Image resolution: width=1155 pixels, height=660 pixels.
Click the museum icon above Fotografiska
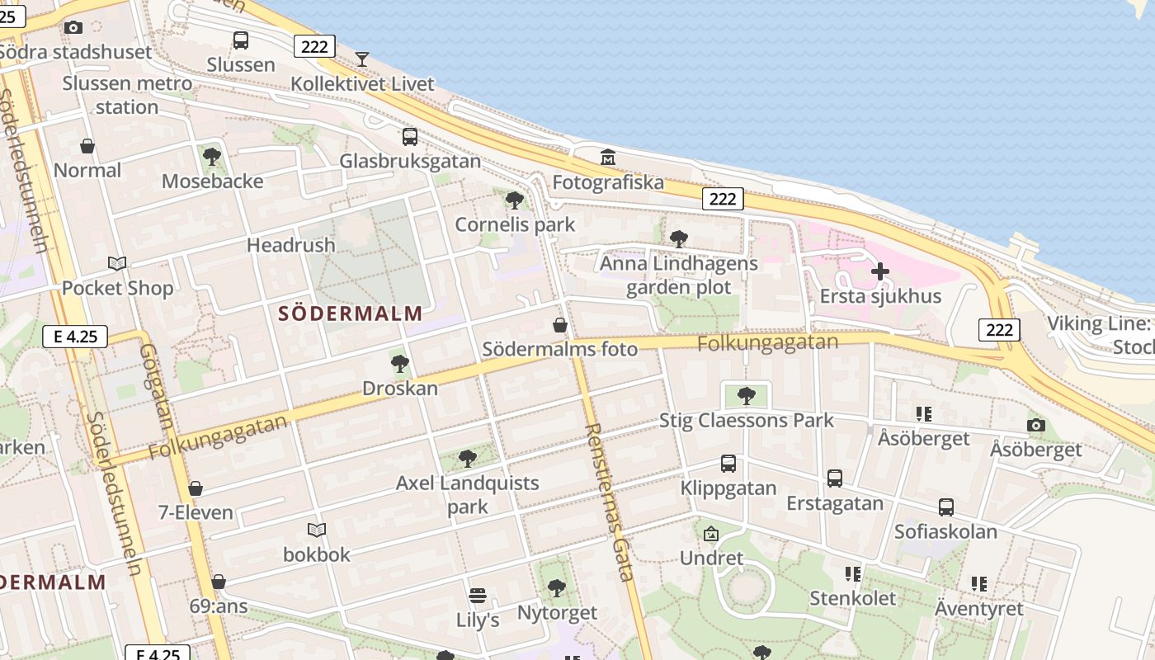[608, 157]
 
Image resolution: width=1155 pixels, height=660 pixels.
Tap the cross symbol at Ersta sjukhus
[880, 271]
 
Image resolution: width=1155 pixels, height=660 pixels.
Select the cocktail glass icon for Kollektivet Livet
[361, 59]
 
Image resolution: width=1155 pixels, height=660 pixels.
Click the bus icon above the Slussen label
[241, 40]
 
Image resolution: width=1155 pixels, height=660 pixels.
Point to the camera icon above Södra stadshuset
[73, 27]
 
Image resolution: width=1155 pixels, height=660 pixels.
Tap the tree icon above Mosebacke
[212, 156]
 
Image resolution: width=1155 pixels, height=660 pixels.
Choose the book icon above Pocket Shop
[117, 263]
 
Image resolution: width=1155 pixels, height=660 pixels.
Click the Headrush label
[291, 245]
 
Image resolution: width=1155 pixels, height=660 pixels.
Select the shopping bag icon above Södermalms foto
[560, 325]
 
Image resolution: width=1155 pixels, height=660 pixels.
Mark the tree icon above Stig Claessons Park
[747, 396]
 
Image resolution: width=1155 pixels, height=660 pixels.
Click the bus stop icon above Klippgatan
[728, 464]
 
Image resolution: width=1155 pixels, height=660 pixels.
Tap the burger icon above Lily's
[478, 595]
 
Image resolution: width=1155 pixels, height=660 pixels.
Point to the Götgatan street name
[156, 385]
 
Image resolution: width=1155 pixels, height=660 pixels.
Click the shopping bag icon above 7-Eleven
[196, 488]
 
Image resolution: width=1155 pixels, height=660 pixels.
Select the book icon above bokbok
[317, 530]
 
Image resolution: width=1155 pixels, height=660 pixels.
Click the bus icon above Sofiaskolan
[946, 507]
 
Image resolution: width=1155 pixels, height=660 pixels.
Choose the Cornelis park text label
[515, 224]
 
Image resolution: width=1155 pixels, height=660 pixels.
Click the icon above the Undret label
[711, 534]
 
